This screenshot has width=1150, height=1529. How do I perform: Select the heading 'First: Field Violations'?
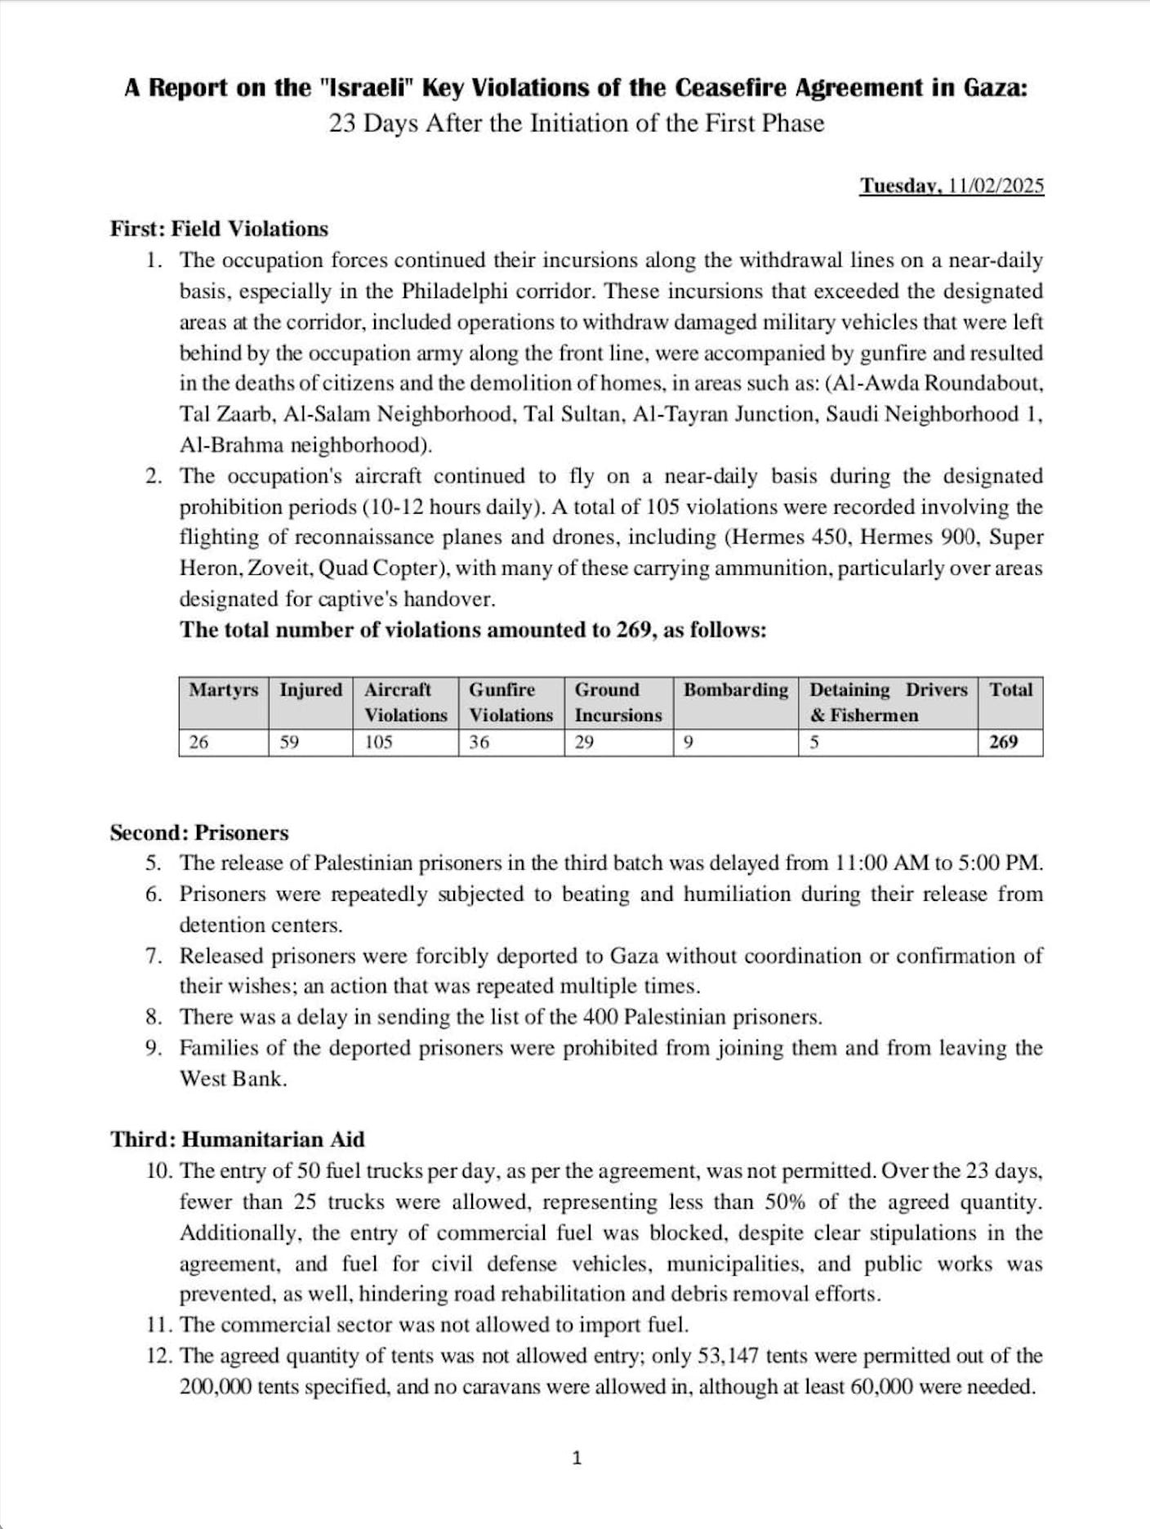point(219,229)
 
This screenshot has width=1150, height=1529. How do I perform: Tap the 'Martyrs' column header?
point(223,690)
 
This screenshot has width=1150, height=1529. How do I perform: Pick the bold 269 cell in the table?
point(1004,742)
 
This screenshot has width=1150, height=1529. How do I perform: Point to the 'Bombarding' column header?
point(735,690)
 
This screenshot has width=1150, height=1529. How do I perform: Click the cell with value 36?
point(479,742)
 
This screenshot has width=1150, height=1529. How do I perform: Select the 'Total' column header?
point(1010,690)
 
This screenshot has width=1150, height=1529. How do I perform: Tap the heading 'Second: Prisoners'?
point(199,833)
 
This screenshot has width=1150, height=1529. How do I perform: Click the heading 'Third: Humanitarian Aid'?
point(238,1139)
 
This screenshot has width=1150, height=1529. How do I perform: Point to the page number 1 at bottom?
point(577,1458)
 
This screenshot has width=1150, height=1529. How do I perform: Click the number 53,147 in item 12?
point(729,1356)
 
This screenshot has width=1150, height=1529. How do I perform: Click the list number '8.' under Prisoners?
point(154,1018)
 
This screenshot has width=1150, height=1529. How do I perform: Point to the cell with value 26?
point(198,742)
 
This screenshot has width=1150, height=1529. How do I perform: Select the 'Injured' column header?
point(310,690)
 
